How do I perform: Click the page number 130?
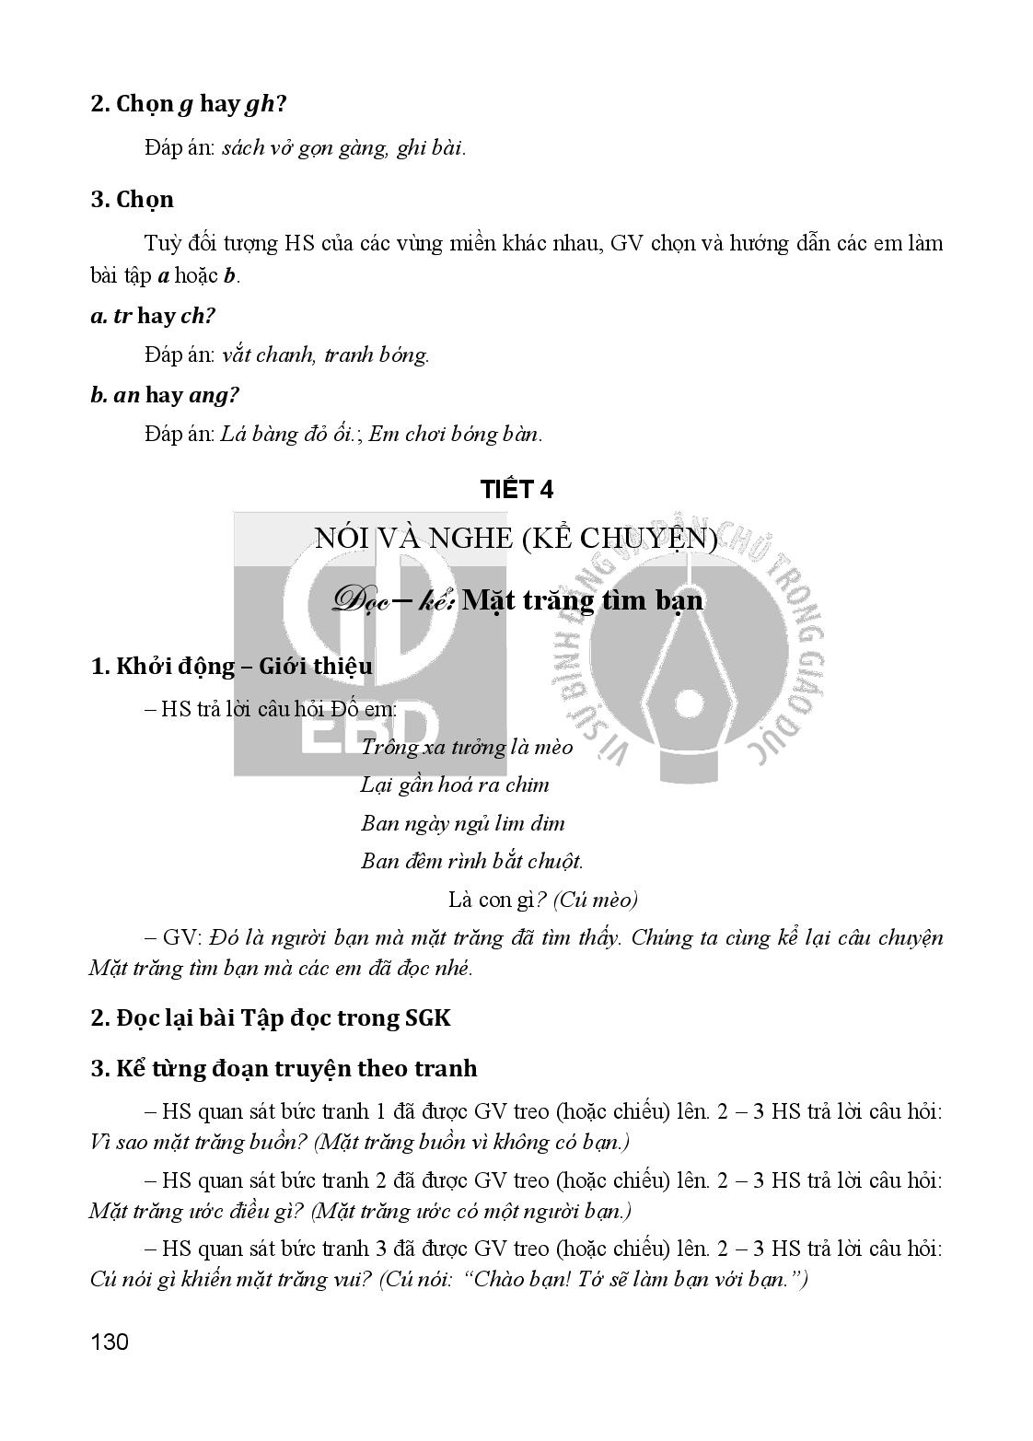click(x=110, y=1342)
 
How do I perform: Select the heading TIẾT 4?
click(x=516, y=490)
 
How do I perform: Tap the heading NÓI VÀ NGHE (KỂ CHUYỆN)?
click(x=516, y=538)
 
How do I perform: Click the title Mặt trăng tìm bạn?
click(x=582, y=600)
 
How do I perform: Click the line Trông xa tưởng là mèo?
click(x=467, y=747)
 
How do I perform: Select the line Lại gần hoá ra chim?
click(x=455, y=785)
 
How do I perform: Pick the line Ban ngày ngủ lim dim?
click(x=462, y=823)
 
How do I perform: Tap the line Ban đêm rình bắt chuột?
click(x=471, y=862)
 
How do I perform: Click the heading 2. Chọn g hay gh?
click(x=187, y=104)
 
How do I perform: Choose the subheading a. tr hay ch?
click(x=153, y=316)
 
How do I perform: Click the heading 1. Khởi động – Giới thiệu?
click(x=232, y=666)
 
